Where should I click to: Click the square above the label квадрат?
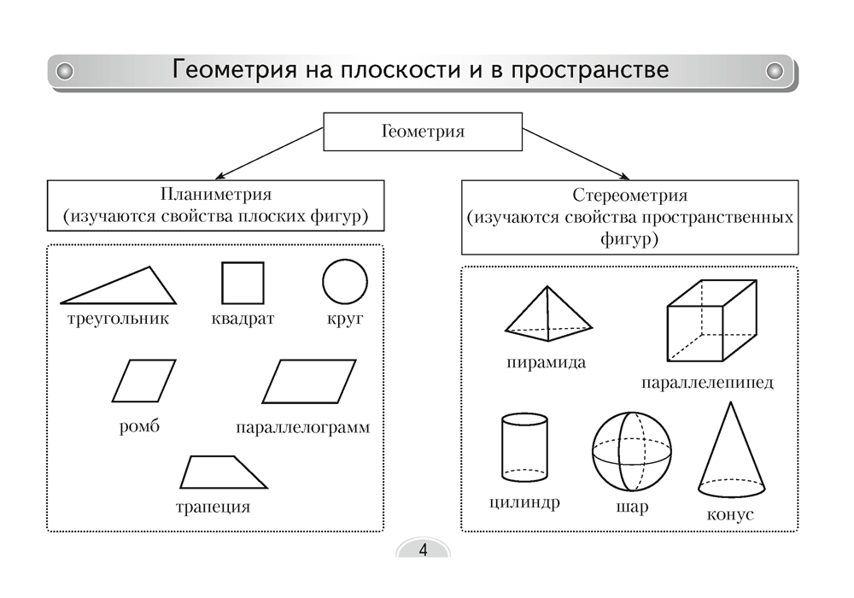click(243, 283)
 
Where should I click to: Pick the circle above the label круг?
click(344, 281)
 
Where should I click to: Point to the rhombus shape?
click(143, 381)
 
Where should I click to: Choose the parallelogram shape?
click(307, 381)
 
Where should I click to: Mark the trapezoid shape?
click(224, 472)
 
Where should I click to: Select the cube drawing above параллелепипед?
click(711, 325)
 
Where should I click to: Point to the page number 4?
click(423, 549)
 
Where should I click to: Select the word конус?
click(730, 516)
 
